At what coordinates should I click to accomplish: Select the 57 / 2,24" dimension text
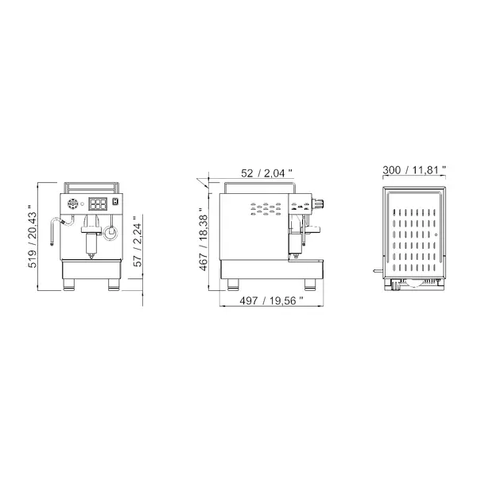pos(138,242)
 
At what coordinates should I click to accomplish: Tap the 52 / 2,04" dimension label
pos(266,171)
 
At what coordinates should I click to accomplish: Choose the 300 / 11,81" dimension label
pos(413,170)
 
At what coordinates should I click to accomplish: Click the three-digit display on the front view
pos(98,204)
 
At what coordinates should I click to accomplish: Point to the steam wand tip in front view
pos(52,243)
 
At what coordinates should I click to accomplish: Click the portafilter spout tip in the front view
pos(91,258)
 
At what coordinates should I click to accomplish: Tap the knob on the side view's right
pos(321,203)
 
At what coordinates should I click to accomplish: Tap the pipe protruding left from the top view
pos(374,273)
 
